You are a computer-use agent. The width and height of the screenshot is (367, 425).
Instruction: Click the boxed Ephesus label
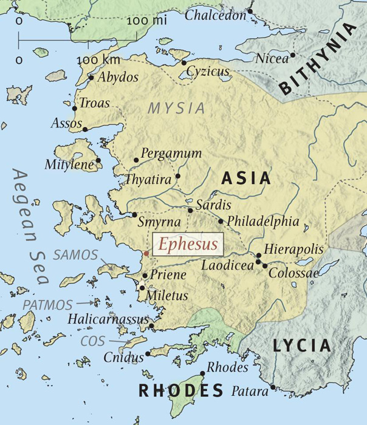pos(188,245)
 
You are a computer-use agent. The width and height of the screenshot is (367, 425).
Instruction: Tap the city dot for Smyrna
pos(135,214)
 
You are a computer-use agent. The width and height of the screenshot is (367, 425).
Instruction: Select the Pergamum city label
pos(171,153)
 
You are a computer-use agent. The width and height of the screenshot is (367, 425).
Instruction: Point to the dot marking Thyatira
pos(178,177)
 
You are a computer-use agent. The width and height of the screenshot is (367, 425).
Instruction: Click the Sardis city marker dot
pos(191,211)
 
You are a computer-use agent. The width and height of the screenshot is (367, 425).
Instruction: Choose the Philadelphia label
pos(263,222)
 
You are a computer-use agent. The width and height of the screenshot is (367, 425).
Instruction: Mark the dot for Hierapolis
pos(259,256)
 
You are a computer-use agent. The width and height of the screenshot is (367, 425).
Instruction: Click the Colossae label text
pos(293,273)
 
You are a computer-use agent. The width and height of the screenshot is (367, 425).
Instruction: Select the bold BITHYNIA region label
pos(318,60)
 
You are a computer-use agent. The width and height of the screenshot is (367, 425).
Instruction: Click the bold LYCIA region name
pos(302,347)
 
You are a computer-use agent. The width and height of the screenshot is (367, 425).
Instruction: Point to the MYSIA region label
pos(177,109)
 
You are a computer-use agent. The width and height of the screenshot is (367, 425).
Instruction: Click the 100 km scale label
pos(98,60)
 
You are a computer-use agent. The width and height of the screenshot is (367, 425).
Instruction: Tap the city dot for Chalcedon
pos(250,11)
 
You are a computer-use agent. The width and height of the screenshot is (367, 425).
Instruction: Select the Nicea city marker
pos(292,55)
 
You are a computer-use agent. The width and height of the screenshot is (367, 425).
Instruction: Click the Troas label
pos(95,103)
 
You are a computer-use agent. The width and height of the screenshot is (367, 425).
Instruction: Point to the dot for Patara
pos(274,387)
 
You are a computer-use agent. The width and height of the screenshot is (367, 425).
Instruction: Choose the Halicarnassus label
pos(108,319)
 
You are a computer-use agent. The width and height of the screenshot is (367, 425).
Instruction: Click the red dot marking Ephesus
pos(146,252)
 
